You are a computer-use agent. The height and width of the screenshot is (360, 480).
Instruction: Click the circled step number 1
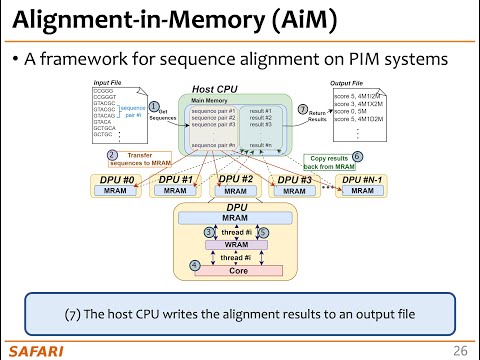154,105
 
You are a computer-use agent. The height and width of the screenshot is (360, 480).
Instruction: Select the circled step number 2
112,156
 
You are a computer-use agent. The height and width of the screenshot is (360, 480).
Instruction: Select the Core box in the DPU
237,270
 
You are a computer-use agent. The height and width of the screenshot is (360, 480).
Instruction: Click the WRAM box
237,243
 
